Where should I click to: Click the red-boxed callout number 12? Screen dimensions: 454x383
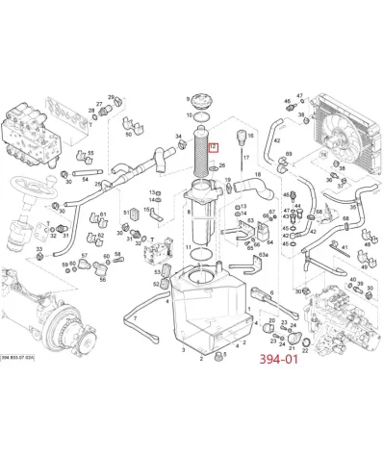pyautogui.click(x=214, y=147)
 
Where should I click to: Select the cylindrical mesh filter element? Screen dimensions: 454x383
pyautogui.click(x=201, y=160)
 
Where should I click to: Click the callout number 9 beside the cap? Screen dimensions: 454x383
pyautogui.click(x=188, y=99)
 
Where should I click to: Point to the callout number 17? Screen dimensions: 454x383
pyautogui.click(x=247, y=157)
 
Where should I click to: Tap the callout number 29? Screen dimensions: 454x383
pyautogui.click(x=111, y=97)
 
